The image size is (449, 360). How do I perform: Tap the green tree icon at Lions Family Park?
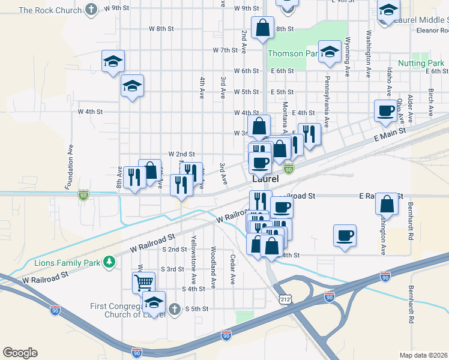pos(109,262)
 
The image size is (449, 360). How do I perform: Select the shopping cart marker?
pos(144,281)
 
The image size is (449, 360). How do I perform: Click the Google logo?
pos(20,353)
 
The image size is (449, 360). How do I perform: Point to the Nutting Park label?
pos(420,63)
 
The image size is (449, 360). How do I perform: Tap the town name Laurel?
pos(266,179)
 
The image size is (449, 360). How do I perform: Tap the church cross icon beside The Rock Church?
pos(91,10)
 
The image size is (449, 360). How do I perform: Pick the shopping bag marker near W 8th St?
pos(262,28)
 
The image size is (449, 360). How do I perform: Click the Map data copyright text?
pos(424,355)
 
